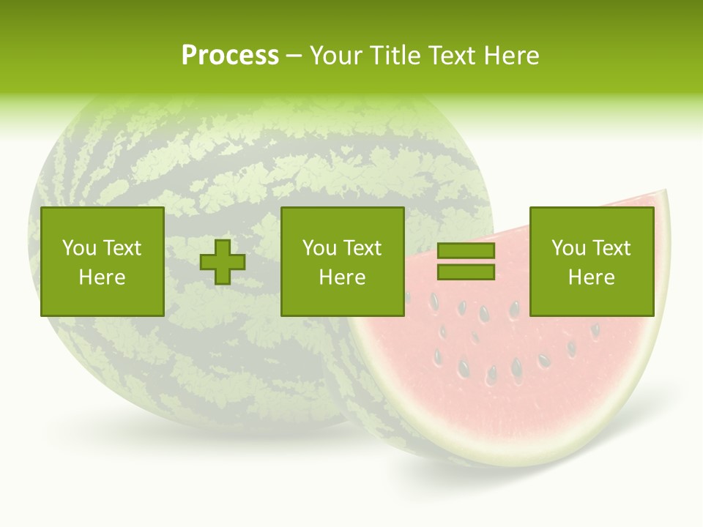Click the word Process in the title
click(230, 56)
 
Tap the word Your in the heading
click(337, 56)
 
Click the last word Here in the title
click(512, 56)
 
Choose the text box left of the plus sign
click(102, 261)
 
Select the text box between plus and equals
click(342, 261)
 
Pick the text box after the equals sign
click(591, 261)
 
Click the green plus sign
click(223, 261)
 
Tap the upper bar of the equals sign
click(466, 251)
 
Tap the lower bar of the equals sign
click(466, 272)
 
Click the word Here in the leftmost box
click(102, 277)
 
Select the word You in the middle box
click(319, 248)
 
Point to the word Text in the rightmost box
click(611, 248)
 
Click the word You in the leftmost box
click(79, 248)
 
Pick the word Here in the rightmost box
click(591, 277)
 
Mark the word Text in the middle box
click(362, 248)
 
